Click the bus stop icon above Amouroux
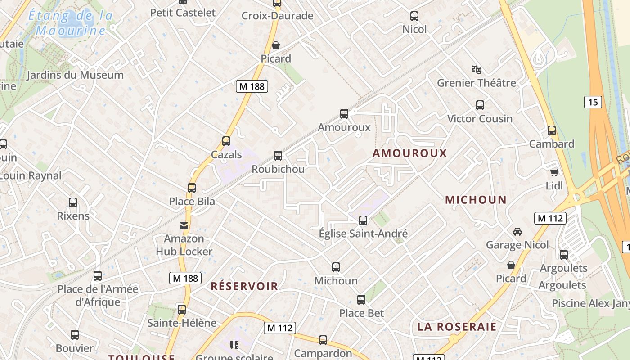[344, 114]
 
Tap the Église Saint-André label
[363, 234]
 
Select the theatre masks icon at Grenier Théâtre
[477, 69]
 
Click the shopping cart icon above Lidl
[554, 172]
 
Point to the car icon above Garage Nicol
[517, 232]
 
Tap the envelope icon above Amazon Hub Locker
[184, 225]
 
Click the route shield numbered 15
[593, 102]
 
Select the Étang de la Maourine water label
[71, 23]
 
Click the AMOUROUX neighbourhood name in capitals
[409, 153]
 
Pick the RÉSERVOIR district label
[244, 286]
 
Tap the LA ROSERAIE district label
[457, 327]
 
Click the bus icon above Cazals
[226, 141]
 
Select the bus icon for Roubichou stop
[278, 156]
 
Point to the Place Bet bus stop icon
[361, 300]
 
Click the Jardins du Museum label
[75, 75]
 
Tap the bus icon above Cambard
[552, 131]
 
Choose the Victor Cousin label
[480, 119]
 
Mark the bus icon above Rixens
[73, 202]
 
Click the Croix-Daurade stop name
[277, 16]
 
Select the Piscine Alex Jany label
[590, 303]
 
